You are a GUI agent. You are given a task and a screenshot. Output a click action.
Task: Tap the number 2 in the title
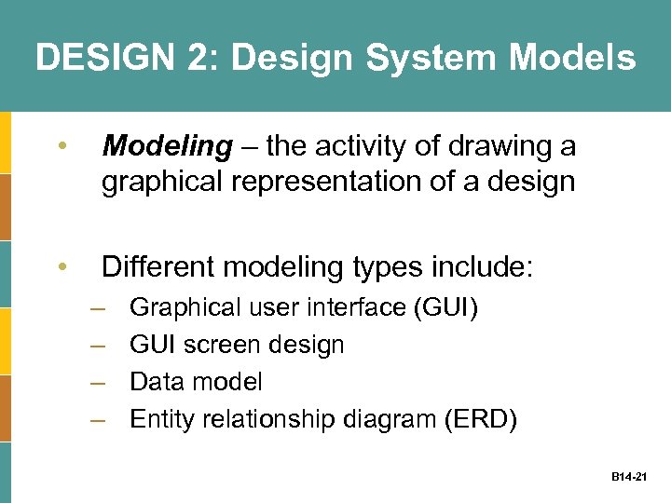(199, 58)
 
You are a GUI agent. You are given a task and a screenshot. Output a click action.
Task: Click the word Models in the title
(573, 58)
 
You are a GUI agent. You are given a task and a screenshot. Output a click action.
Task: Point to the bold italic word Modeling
(167, 147)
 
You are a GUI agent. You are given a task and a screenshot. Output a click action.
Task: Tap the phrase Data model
(196, 382)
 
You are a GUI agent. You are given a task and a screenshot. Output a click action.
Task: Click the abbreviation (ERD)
(482, 420)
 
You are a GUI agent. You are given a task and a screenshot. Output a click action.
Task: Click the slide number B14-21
(630, 476)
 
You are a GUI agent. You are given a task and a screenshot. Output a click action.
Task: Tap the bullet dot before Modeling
(62, 147)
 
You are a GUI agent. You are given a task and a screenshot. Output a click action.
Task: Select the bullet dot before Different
(62, 268)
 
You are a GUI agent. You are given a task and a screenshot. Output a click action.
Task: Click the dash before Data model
(97, 382)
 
